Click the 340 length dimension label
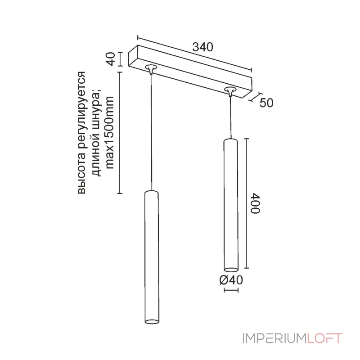tap(203, 47)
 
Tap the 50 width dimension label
tap(266, 103)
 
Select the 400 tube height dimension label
tap(256, 203)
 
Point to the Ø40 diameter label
tap(231, 280)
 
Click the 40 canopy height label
tap(111, 59)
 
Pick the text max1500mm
tap(109, 132)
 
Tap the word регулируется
tap(81, 111)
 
